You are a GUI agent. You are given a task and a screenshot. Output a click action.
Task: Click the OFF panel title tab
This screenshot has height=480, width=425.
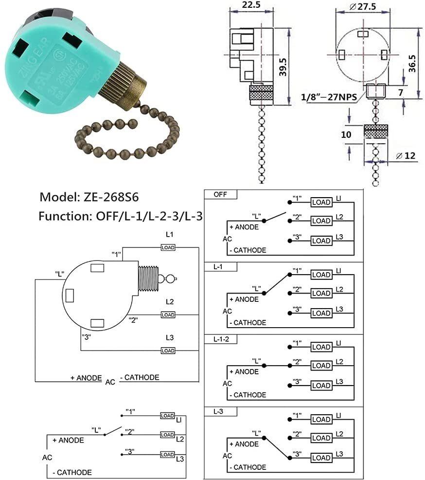point(219,194)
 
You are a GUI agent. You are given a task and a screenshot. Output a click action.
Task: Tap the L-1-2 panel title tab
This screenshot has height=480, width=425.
point(221,339)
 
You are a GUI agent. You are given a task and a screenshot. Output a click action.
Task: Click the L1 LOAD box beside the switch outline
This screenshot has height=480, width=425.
point(168,247)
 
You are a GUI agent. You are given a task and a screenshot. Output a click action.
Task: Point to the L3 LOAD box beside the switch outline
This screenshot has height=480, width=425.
point(168,351)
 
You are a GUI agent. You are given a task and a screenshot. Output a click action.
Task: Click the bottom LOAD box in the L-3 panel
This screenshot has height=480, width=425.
point(321,458)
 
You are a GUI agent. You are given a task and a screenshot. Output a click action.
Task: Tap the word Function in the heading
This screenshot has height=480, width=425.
point(63,216)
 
